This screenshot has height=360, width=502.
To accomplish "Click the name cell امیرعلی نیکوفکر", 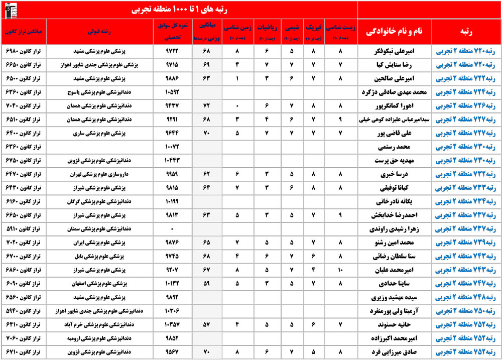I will click(394, 51).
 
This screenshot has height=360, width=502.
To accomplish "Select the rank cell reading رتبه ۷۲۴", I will click(466, 92).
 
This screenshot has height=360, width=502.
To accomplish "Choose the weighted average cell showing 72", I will click(206, 106).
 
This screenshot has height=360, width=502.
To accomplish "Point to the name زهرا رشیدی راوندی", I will click(394, 229).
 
